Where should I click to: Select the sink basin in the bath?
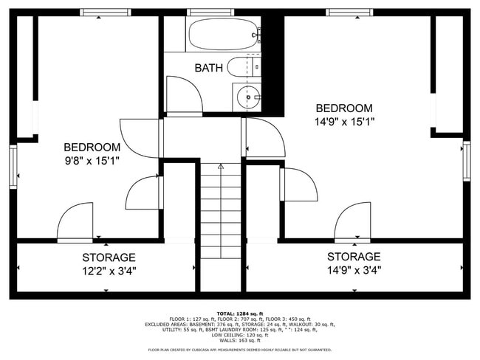(248, 96)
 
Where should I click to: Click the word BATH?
(209, 69)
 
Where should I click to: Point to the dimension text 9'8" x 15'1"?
(92, 159)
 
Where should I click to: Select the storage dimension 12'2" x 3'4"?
(109, 271)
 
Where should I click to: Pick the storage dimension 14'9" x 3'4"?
(354, 270)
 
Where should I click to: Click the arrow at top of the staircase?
(220, 167)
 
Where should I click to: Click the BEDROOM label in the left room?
(92, 146)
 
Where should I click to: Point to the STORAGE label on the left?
(109, 257)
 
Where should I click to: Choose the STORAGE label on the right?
(354, 257)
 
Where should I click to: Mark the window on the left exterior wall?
(13, 167)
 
